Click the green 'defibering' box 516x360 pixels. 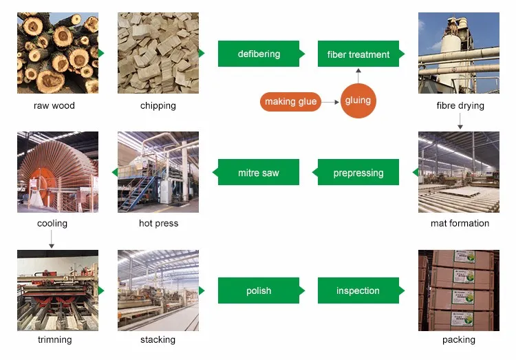(x=259, y=54)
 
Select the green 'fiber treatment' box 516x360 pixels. (x=358, y=54)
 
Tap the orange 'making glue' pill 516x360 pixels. (x=290, y=102)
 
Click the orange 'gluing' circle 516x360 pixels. (x=358, y=100)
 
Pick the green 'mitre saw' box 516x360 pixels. (x=259, y=172)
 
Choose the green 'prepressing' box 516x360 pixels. (x=358, y=172)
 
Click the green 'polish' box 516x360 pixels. (x=259, y=290)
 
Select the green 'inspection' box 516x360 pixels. (x=358, y=290)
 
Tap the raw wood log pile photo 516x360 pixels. (x=58, y=53)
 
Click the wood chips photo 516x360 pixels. (x=158, y=53)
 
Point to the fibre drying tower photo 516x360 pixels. (x=459, y=53)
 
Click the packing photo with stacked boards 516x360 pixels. (x=459, y=290)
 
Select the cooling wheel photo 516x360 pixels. (x=58, y=172)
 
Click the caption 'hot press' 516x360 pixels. (x=158, y=224)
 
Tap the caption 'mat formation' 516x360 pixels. (x=460, y=224)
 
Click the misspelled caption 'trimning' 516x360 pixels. (x=54, y=340)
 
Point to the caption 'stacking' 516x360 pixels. (x=158, y=340)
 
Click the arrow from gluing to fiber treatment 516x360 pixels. (x=358, y=75)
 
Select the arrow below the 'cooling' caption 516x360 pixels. (x=52, y=239)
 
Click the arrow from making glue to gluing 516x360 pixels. (x=331, y=102)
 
